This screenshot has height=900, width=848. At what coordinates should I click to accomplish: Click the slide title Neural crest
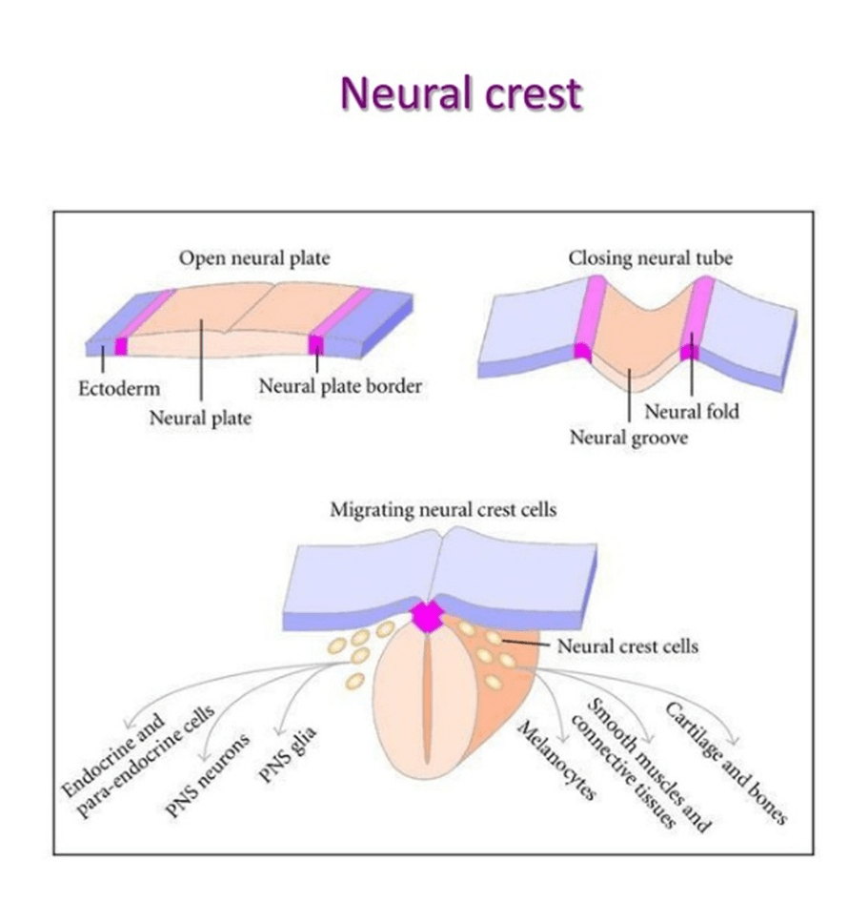click(x=460, y=94)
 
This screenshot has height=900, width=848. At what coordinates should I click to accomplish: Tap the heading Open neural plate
click(x=253, y=258)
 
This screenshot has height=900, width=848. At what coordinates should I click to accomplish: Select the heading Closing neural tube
click(x=651, y=258)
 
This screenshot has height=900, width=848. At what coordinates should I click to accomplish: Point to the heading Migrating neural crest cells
click(x=443, y=510)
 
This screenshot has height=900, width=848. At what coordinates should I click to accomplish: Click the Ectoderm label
click(x=118, y=388)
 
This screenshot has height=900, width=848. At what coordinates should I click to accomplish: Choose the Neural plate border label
click(x=339, y=386)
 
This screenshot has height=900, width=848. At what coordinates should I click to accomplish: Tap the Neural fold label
click(x=692, y=412)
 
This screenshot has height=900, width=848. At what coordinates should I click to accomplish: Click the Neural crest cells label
click(x=627, y=646)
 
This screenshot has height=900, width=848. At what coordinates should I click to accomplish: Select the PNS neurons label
click(x=208, y=774)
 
